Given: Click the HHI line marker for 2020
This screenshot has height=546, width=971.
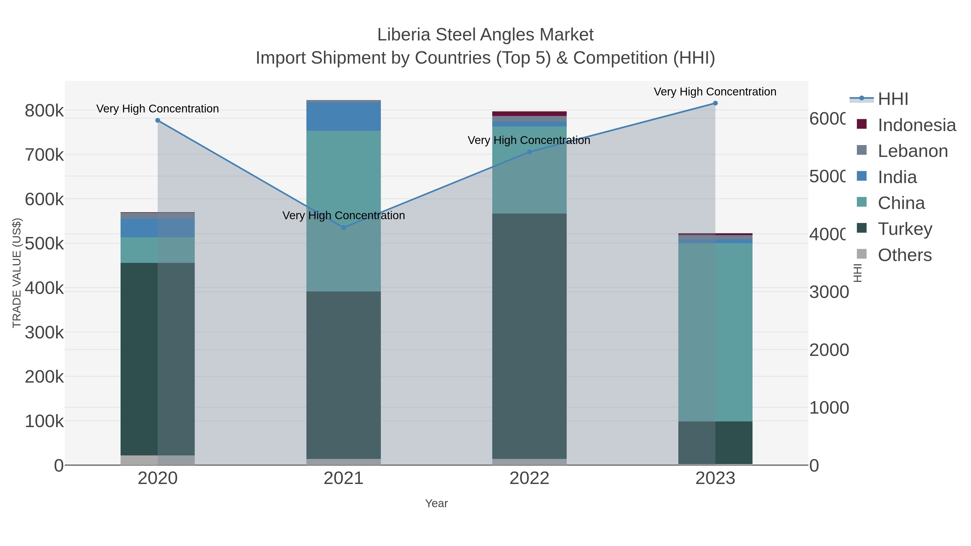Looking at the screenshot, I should tap(158, 121).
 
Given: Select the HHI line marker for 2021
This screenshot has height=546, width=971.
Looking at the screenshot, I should tap(343, 228).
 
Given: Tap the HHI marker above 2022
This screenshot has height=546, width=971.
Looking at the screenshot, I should tap(529, 152).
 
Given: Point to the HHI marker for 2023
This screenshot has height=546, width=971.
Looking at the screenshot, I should tap(715, 103).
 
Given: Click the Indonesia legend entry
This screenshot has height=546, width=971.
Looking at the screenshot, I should tap(916, 125).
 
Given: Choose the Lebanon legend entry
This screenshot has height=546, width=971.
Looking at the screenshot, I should tap(912, 151).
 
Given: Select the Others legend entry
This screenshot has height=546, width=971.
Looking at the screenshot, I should tap(904, 255).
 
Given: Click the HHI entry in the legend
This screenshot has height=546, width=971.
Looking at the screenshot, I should tap(893, 99).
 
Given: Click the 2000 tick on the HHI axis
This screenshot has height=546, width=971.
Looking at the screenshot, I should tap(829, 350).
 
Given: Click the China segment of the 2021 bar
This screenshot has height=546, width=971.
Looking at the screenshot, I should tap(343, 211).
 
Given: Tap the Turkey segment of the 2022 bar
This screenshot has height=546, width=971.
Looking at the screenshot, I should tap(529, 335).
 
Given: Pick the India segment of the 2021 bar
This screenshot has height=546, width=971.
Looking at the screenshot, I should tap(343, 117).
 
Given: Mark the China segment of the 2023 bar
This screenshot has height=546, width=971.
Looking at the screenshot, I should tap(715, 332).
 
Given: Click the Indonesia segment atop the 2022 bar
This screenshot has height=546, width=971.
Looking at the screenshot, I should tap(529, 114).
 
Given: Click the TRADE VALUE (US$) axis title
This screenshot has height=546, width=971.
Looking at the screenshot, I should tap(17, 273).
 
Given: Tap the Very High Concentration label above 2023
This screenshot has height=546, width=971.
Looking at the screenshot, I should tap(715, 92).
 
